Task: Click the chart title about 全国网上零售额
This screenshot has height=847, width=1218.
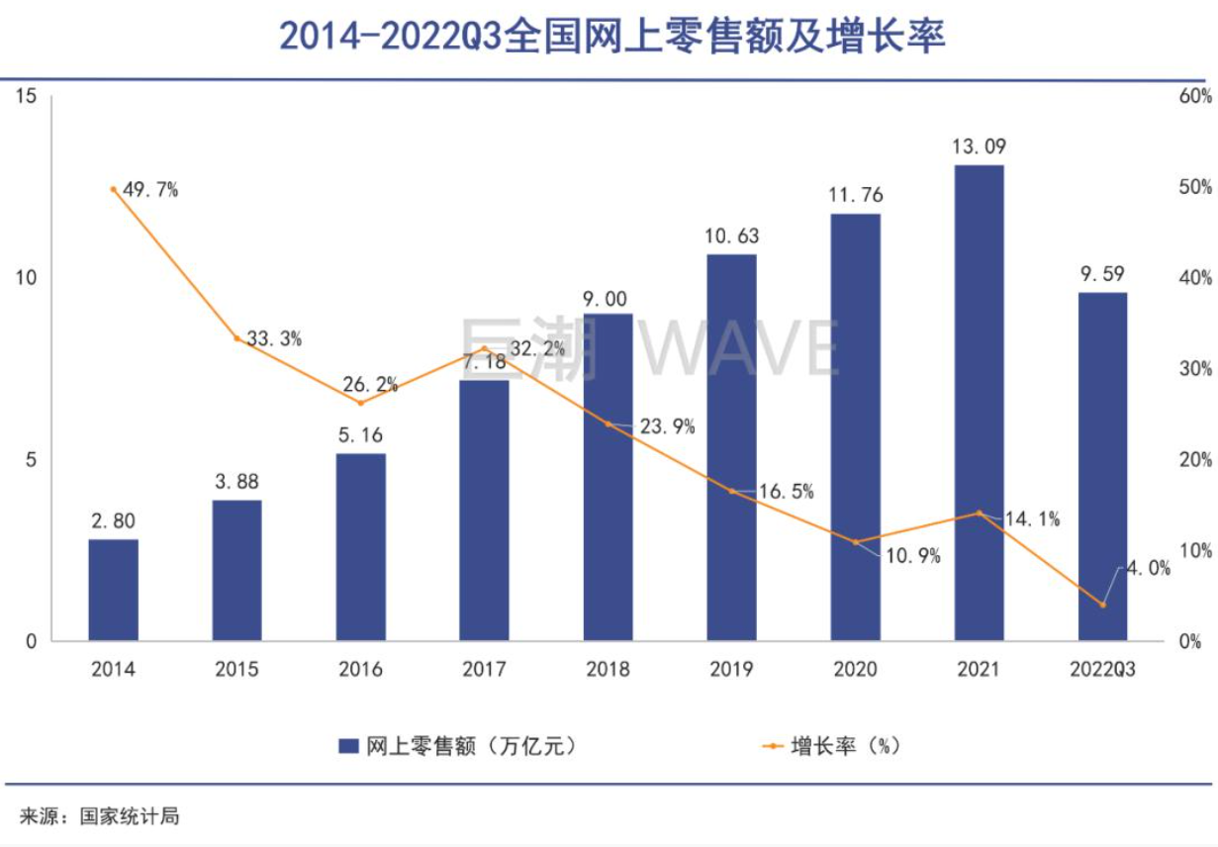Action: [x=612, y=36]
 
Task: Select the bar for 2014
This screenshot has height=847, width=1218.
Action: [x=114, y=590]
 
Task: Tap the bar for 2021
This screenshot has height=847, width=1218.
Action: [x=979, y=403]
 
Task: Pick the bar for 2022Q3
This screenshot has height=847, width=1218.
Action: [x=1102, y=466]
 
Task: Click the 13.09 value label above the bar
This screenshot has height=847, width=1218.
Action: [x=979, y=146]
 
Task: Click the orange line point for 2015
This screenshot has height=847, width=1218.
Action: [x=236, y=338]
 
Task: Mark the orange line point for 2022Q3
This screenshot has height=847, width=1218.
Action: [x=1102, y=605]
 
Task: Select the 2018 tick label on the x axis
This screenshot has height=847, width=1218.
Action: [x=608, y=670]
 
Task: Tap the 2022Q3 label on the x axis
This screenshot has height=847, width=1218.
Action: [x=1102, y=670]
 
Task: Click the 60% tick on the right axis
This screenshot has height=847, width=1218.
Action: [x=1194, y=96]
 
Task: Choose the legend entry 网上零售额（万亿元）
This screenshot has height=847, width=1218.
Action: [x=456, y=746]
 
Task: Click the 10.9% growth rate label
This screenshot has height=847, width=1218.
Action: [x=912, y=556]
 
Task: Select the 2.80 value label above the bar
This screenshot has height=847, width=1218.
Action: [x=114, y=520]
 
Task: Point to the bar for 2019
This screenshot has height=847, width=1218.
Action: [x=731, y=447]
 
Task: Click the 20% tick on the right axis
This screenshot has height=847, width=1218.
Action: [x=1194, y=460]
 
